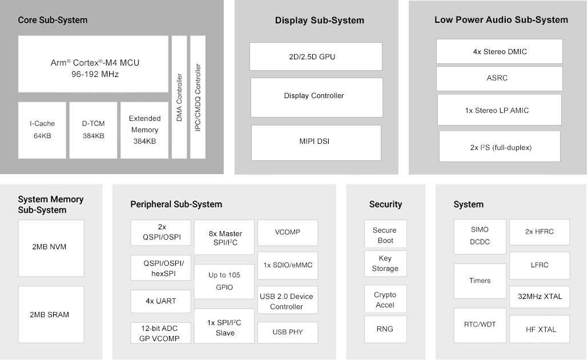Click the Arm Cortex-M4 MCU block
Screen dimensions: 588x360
point(93,64)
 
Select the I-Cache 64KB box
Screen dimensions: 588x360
point(42,130)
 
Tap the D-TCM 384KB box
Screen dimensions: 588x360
point(93,130)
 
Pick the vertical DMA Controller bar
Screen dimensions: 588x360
point(179,97)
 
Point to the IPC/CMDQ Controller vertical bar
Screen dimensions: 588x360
point(198,97)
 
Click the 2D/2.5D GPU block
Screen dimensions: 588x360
point(316,56)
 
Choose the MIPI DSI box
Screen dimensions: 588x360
point(316,143)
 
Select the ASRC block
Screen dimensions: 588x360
point(499,78)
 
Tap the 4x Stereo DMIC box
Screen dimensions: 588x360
point(499,51)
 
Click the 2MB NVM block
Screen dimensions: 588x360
point(51,248)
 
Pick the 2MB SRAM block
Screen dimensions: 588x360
point(51,314)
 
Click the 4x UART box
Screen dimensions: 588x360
point(160,301)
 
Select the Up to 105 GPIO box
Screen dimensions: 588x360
point(224,281)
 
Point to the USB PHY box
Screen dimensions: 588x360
point(288,333)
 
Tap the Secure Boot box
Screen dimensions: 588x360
point(385,233)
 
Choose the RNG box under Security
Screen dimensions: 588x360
point(385,329)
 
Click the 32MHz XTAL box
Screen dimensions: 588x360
point(539,297)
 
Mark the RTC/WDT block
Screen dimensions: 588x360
point(480,325)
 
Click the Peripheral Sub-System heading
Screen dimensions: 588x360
point(176,204)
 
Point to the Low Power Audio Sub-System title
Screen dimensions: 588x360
point(501,20)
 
